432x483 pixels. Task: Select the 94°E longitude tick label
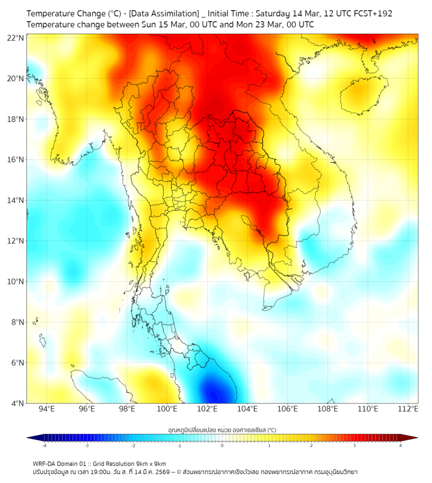click(47, 410)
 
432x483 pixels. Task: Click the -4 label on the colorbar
click(44, 445)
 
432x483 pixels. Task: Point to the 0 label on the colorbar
click(222, 445)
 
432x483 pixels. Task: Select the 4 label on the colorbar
click(401, 445)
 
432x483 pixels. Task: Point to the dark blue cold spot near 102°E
click(211, 388)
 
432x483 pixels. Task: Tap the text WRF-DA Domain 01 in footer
click(61, 463)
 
